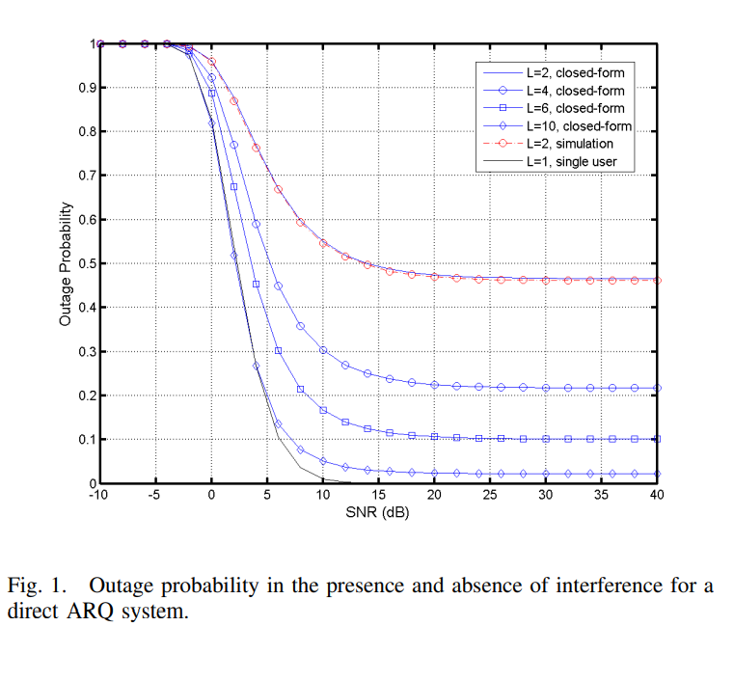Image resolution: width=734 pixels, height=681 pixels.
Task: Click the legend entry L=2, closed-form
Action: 575,70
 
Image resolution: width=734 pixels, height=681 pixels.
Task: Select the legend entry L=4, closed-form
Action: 575,89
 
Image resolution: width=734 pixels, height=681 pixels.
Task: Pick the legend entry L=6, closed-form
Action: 575,107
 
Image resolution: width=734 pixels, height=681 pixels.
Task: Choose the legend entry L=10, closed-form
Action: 578,125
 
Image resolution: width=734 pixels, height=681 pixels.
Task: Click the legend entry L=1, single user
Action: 571,162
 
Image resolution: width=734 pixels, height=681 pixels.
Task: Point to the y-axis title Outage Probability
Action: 66,263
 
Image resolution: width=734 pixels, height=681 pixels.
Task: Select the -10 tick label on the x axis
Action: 98,496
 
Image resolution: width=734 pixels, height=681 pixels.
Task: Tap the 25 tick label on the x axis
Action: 490,496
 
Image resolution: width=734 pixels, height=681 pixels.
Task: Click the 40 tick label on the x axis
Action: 657,496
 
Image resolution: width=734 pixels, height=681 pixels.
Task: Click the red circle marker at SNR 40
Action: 657,280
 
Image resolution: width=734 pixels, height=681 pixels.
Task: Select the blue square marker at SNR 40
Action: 657,439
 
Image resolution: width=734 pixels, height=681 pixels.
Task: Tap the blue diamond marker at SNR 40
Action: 657,474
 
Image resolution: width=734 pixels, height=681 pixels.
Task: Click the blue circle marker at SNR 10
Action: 323,350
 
